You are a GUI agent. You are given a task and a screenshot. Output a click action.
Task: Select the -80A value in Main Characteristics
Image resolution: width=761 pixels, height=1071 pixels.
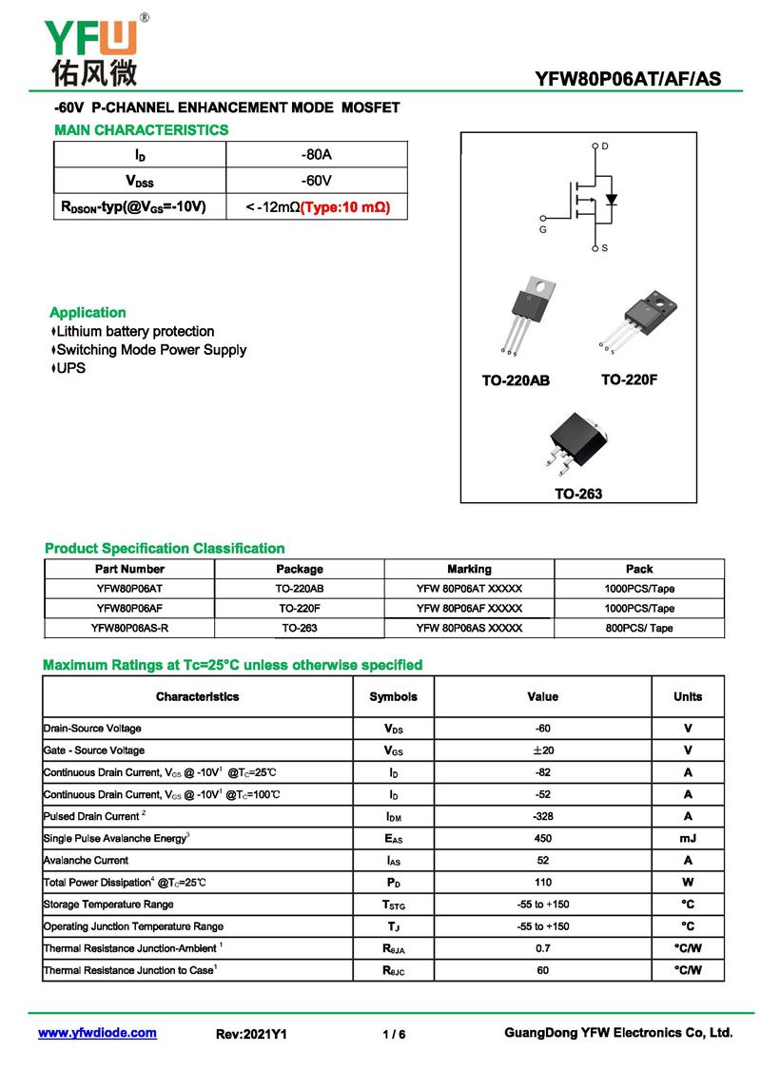point(317,154)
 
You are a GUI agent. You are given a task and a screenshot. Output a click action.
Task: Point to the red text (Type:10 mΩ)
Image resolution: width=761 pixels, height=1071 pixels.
point(345,206)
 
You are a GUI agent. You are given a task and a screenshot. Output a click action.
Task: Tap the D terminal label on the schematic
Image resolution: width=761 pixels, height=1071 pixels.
point(605,146)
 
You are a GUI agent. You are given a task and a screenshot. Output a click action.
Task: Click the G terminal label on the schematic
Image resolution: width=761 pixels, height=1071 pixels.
point(543,229)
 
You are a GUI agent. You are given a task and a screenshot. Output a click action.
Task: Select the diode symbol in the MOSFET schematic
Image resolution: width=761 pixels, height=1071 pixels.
point(612,200)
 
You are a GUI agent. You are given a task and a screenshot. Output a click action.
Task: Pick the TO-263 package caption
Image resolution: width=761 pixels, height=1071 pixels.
point(578,494)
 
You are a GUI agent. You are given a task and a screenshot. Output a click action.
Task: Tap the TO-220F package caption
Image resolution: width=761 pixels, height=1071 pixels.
point(629,380)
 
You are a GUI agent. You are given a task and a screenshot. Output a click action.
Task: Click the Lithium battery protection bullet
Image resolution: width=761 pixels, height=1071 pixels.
point(132,331)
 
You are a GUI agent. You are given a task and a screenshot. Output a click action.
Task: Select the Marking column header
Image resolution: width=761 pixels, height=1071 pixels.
point(469,569)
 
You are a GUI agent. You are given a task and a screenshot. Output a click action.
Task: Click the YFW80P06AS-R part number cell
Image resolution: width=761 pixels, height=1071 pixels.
point(129,628)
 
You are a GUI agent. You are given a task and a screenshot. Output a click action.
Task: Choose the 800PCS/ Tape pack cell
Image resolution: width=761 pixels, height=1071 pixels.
point(639,628)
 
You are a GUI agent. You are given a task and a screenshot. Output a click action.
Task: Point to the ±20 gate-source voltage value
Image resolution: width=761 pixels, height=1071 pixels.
point(543,750)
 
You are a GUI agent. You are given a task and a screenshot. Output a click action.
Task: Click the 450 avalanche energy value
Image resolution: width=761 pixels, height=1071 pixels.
point(543,838)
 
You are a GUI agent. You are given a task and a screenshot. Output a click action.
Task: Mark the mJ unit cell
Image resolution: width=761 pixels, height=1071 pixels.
point(688,838)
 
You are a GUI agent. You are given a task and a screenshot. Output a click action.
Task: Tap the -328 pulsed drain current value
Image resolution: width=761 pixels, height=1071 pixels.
point(543,816)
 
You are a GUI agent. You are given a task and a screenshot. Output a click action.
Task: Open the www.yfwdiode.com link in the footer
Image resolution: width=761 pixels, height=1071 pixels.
point(97,1033)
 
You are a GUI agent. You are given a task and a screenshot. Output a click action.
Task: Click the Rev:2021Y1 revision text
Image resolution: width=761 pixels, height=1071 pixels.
point(252,1034)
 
